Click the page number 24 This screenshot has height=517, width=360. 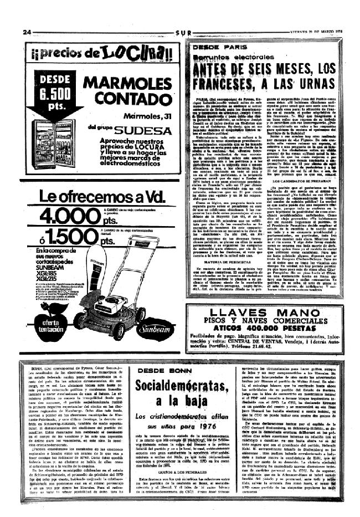[x=27, y=33]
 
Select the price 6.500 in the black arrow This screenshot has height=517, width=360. [x=55, y=92]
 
